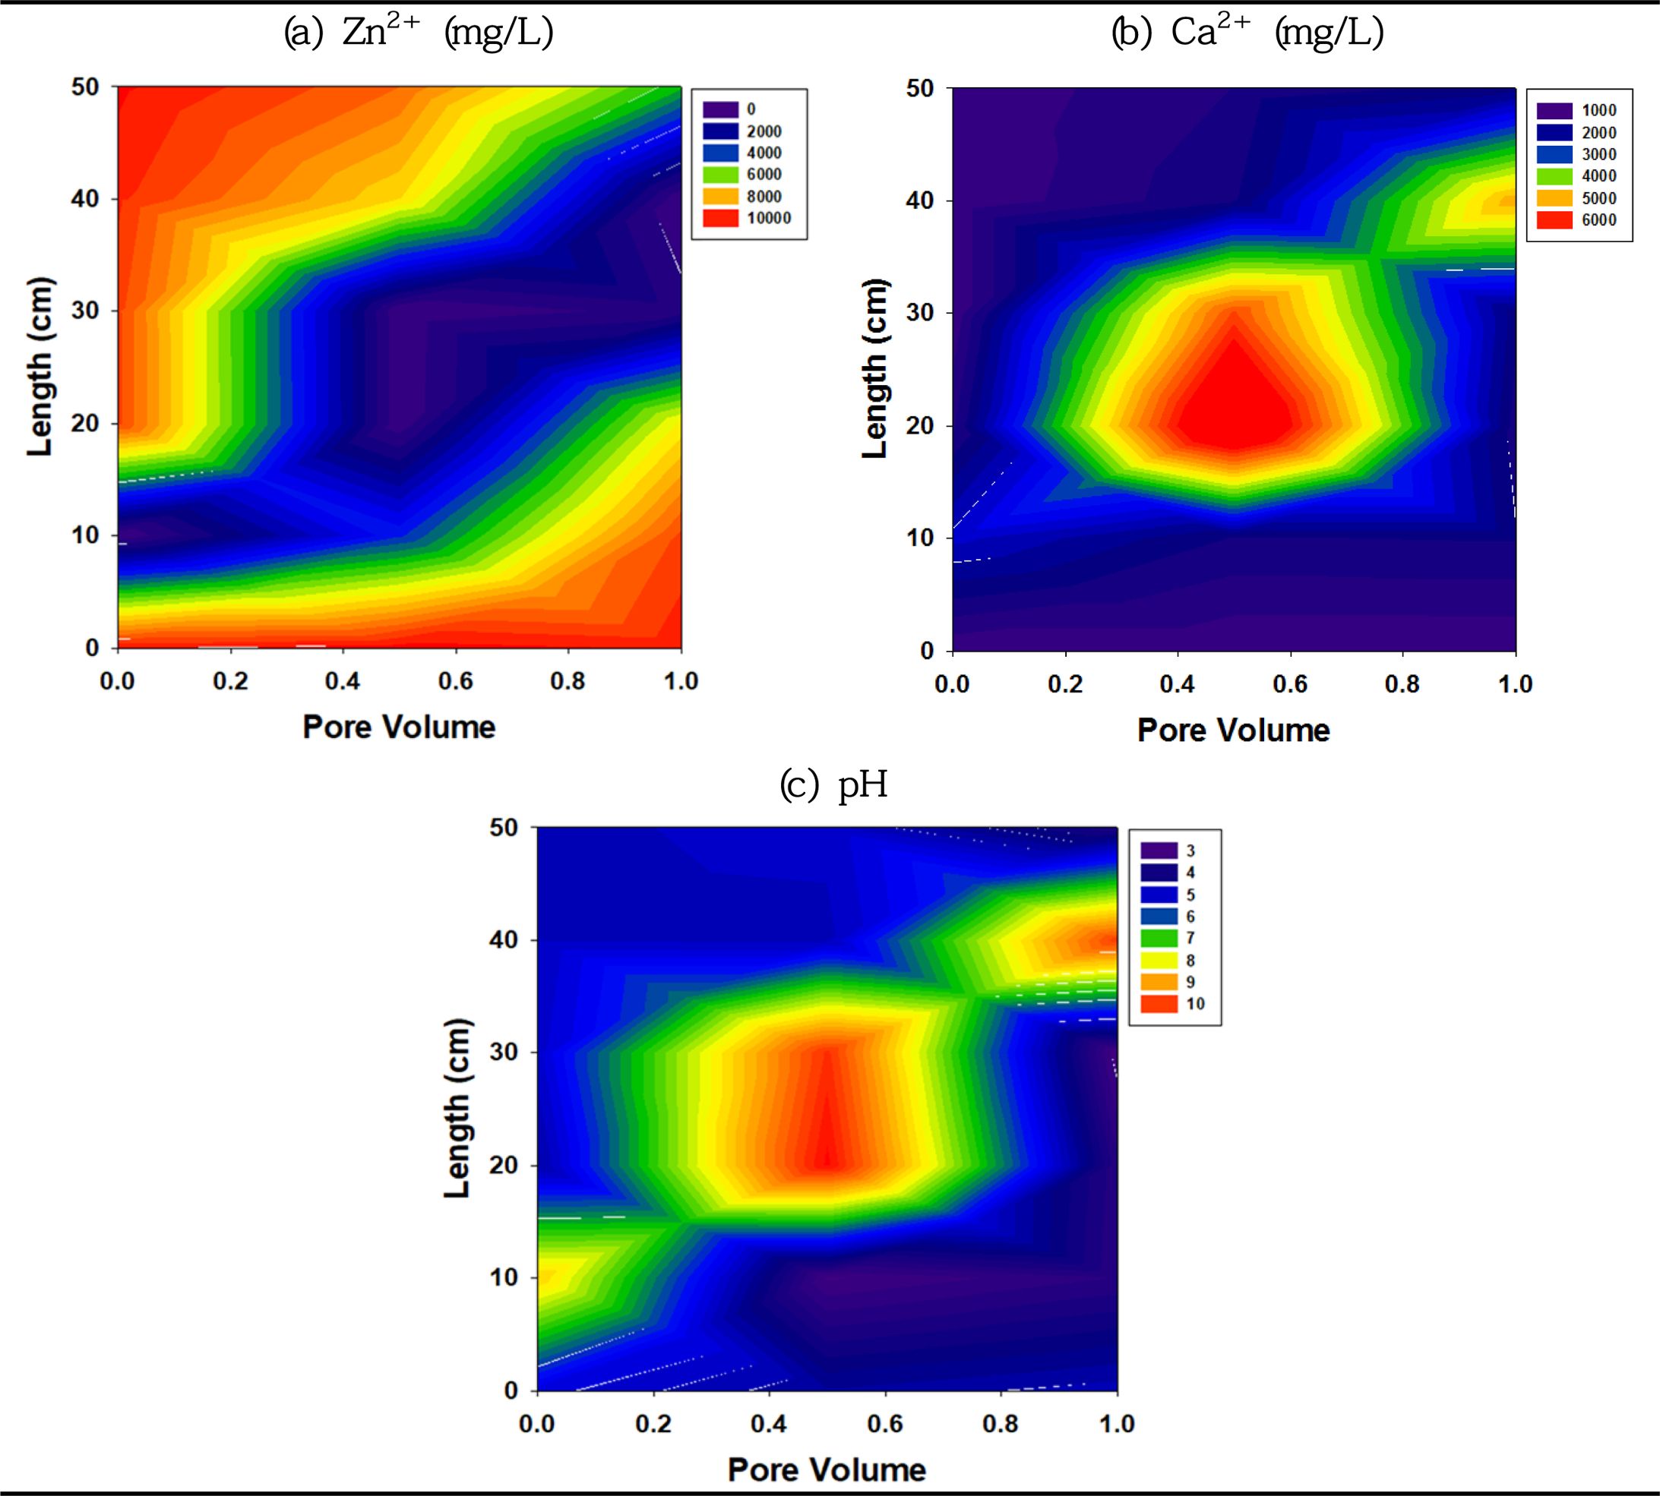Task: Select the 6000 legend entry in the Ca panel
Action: click(1579, 219)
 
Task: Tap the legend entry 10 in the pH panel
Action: click(1172, 1004)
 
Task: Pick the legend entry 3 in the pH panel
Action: click(1168, 851)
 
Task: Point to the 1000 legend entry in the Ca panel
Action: click(1579, 111)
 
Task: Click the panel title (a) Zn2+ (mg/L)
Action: click(419, 33)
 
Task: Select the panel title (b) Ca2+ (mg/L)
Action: click(1248, 33)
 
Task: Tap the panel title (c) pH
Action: click(833, 786)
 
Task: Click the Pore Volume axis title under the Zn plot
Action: click(400, 727)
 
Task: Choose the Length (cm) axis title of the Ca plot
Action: click(877, 368)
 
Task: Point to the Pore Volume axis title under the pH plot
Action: click(827, 1469)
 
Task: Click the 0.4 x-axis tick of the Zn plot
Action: click(343, 681)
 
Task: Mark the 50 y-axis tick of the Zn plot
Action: click(84, 87)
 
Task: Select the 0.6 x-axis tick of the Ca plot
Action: click(1290, 684)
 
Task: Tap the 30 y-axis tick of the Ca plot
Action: click(920, 313)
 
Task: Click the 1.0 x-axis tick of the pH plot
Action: click(1118, 1424)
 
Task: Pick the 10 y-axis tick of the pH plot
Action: click(504, 1277)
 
